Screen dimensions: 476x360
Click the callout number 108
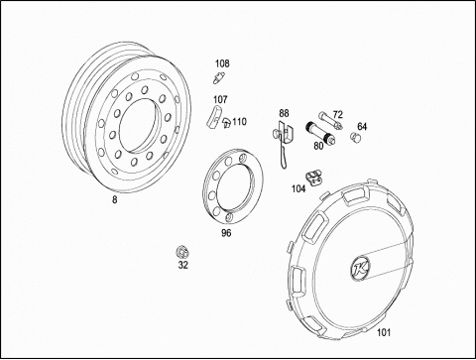222,63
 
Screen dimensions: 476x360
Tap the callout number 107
220,99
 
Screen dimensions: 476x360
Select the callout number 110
239,122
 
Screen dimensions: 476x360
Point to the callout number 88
284,113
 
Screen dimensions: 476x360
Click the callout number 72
337,115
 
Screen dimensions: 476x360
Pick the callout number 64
362,126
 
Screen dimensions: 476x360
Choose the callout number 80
318,146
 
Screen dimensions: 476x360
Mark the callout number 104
298,188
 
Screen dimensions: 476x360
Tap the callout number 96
226,233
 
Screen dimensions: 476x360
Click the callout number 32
183,265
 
